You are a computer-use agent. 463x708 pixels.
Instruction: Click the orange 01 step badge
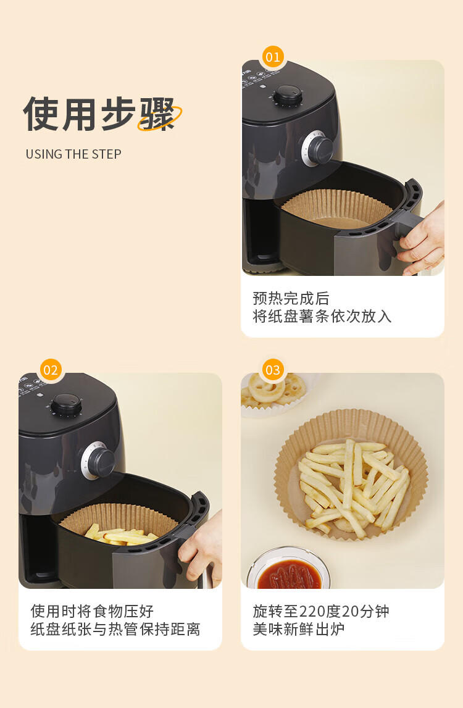(x=273, y=57)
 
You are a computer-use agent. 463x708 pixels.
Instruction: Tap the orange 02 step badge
(x=51, y=370)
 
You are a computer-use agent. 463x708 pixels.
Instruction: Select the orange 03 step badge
(x=273, y=370)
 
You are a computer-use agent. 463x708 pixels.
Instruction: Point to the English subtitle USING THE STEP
(x=73, y=154)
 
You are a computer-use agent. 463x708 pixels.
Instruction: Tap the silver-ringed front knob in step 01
(x=317, y=148)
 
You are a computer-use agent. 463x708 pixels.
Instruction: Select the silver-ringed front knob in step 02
(x=98, y=460)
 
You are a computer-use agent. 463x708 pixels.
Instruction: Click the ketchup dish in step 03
(x=289, y=569)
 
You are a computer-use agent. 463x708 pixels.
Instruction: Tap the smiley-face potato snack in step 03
(x=267, y=388)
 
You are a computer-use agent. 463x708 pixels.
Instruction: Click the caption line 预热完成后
(x=291, y=299)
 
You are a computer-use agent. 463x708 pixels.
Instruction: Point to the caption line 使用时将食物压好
(x=92, y=611)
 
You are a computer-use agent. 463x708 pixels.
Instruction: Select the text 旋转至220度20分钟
(x=321, y=611)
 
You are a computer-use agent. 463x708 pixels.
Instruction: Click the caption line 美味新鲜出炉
(x=299, y=629)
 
